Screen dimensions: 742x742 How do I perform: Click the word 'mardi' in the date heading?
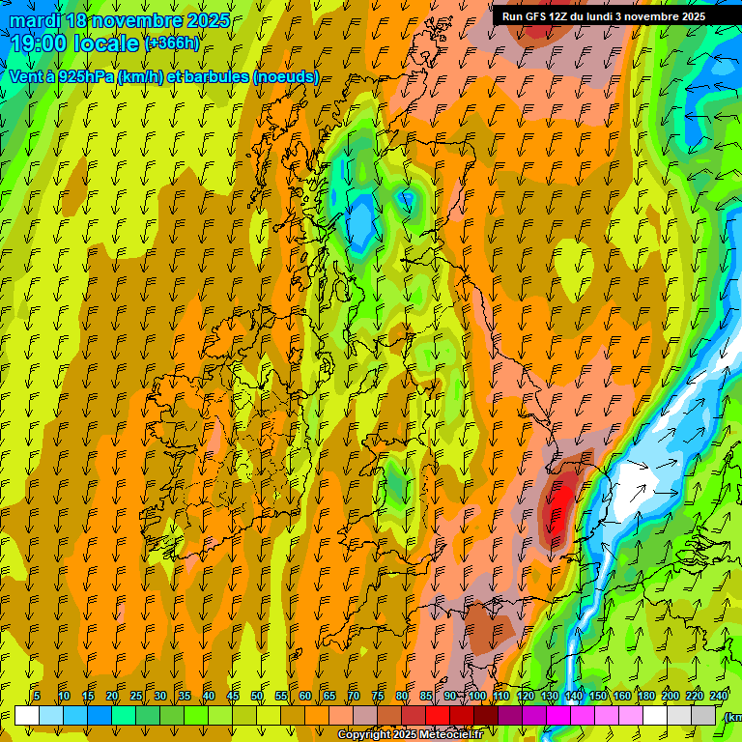point(35,20)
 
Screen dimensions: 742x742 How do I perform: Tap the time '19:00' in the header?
point(43,43)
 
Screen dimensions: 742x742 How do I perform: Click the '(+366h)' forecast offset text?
point(172,43)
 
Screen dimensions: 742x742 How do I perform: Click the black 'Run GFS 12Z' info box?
point(603,15)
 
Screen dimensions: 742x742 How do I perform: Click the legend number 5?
point(37,696)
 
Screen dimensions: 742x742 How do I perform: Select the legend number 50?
point(257,696)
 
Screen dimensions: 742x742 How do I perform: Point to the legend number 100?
point(476,696)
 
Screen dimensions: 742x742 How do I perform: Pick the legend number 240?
point(719,696)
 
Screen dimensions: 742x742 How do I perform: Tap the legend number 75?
point(378,696)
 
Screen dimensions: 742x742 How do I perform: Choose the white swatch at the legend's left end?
point(27,715)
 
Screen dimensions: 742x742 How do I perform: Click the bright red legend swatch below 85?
point(437,715)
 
